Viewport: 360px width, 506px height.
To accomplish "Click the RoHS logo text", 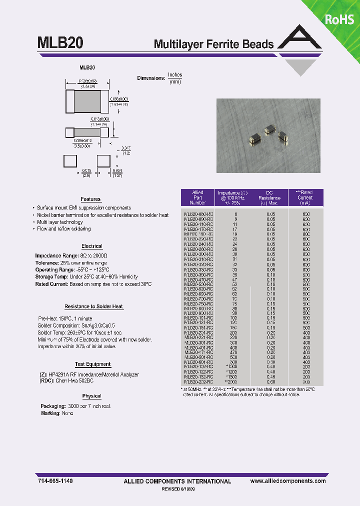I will click(x=339, y=19).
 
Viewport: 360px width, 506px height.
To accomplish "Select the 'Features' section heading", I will click(x=90, y=199).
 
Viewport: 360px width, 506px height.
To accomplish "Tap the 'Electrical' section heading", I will click(x=92, y=246).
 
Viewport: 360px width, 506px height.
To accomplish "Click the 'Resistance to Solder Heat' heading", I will click(x=94, y=306).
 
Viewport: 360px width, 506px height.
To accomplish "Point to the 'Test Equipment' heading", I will click(x=93, y=364).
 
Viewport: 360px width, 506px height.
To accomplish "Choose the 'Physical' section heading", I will click(x=91, y=396).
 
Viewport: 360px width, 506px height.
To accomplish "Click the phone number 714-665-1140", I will click(x=55, y=480).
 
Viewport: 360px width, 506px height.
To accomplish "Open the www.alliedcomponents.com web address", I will click(x=288, y=480).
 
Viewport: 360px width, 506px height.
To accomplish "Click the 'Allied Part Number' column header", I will click(x=198, y=197).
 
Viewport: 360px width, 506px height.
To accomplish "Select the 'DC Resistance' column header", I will click(x=270, y=197).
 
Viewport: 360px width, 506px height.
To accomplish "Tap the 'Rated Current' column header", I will click(x=305, y=197).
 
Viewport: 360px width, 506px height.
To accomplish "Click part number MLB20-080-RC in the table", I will click(x=198, y=214).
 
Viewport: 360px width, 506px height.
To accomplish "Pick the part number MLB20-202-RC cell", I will click(x=198, y=382).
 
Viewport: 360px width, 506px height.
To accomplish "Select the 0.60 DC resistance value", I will click(x=270, y=382).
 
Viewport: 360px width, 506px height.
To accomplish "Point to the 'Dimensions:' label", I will click(x=151, y=78).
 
